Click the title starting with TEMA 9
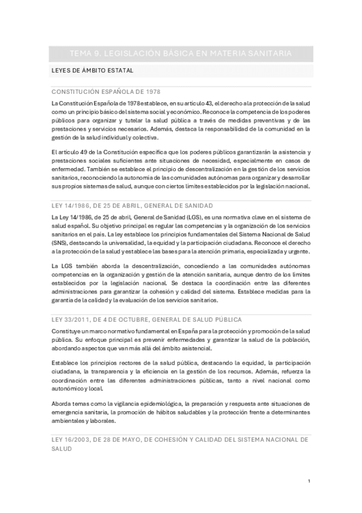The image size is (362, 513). tap(181, 54)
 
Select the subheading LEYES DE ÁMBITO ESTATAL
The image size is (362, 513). tap(92, 71)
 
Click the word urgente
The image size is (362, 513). tap(298, 250)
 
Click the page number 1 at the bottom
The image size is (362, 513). tap(308, 481)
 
